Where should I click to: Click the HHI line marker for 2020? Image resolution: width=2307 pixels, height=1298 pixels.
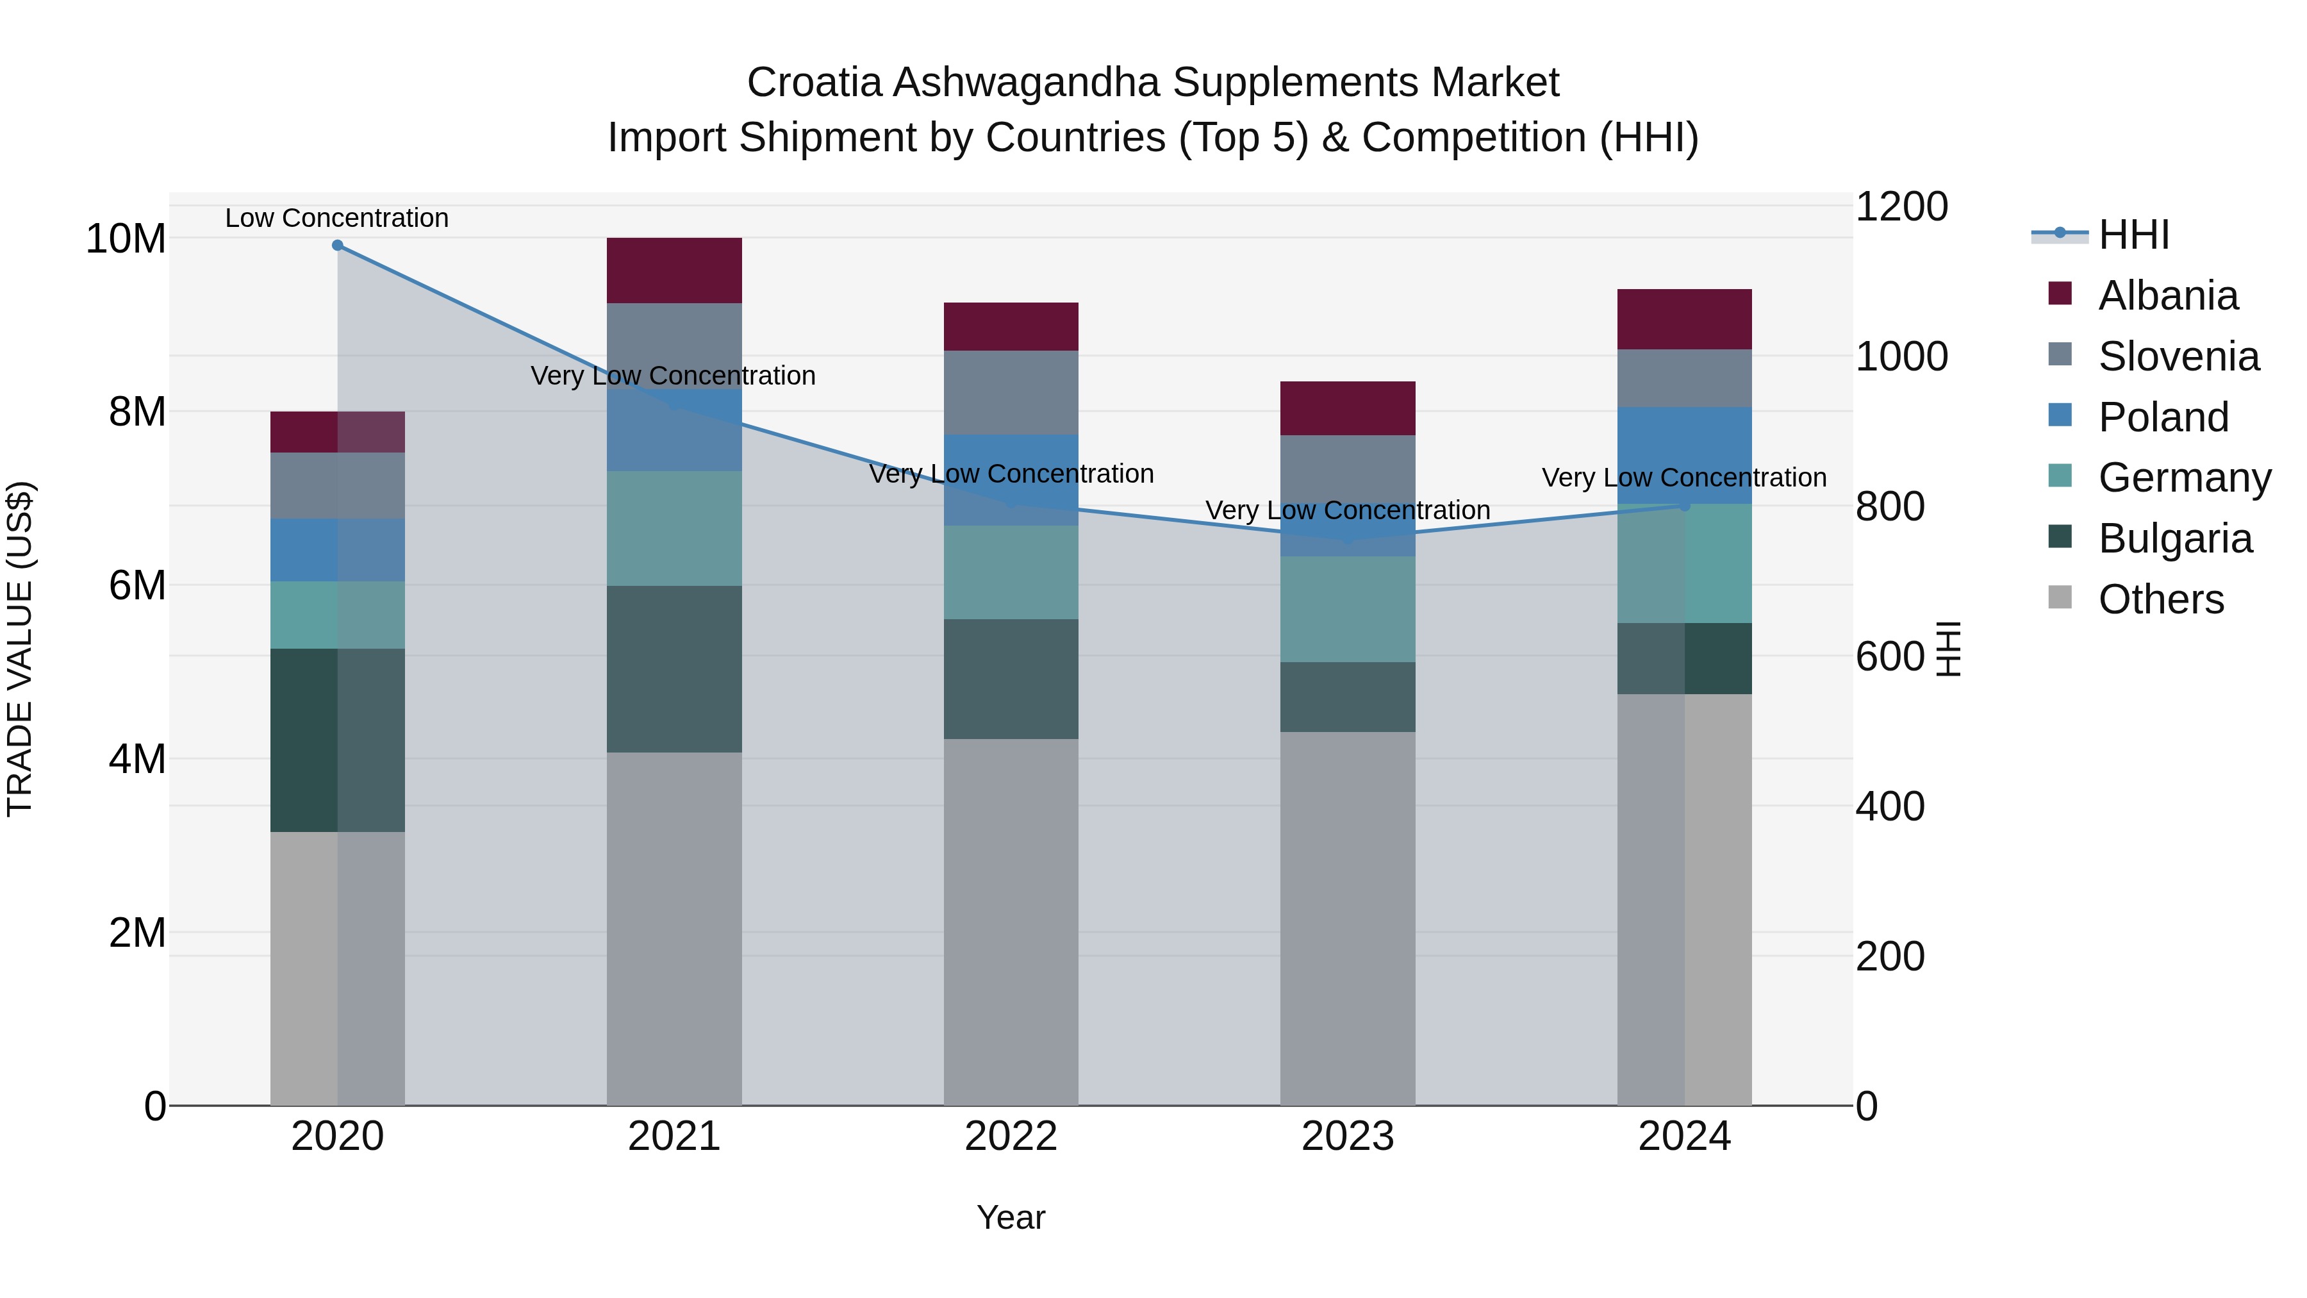coord(338,245)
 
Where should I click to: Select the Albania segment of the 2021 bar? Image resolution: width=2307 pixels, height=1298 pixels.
coord(674,270)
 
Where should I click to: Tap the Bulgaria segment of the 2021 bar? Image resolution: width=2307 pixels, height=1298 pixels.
coord(674,669)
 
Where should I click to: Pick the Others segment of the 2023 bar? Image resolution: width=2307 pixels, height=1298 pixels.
coord(1347,918)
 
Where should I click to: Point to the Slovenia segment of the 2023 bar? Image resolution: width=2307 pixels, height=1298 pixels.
coord(1347,484)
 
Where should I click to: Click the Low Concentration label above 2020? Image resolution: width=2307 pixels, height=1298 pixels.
coord(336,219)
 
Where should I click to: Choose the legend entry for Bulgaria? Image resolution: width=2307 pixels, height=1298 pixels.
coord(2174,539)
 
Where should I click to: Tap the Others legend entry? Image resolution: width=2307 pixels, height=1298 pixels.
coord(2160,600)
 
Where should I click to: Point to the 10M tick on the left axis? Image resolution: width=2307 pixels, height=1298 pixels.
coord(126,239)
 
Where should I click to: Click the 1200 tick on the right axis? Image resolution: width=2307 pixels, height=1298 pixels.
coord(1901,207)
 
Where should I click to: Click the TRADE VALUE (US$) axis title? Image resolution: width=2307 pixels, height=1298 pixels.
coord(20,649)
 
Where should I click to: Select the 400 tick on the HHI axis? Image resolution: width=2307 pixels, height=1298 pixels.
coord(1890,807)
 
